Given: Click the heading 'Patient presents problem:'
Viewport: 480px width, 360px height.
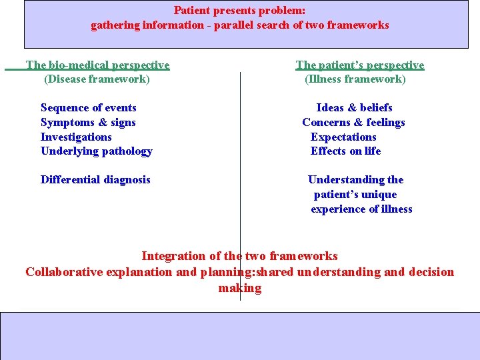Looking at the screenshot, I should pyautogui.click(x=239, y=10).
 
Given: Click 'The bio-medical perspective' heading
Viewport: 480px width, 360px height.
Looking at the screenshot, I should pyautogui.click(x=97, y=65).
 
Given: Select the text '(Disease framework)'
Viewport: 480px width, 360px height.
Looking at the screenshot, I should pyautogui.click(x=97, y=79).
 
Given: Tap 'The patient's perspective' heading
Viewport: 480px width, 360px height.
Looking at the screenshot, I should pyautogui.click(x=359, y=65).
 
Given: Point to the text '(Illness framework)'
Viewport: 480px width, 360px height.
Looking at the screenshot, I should pyautogui.click(x=355, y=79).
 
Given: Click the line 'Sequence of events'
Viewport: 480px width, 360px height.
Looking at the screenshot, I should pyautogui.click(x=88, y=107).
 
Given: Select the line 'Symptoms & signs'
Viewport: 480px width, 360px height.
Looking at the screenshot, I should pyautogui.click(x=88, y=122).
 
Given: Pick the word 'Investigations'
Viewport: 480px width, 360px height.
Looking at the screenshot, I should pyautogui.click(x=76, y=137).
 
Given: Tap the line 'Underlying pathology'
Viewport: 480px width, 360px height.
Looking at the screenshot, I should pyautogui.click(x=96, y=151).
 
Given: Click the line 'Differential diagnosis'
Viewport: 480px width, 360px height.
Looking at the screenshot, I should pyautogui.click(x=95, y=179).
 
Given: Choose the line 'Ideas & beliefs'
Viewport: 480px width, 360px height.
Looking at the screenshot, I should pyautogui.click(x=354, y=107).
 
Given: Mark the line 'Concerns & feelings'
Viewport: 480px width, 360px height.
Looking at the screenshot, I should pyautogui.click(x=353, y=122).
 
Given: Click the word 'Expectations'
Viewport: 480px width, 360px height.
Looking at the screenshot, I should pyautogui.click(x=343, y=137).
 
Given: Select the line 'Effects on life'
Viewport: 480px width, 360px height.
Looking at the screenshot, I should pyautogui.click(x=345, y=151).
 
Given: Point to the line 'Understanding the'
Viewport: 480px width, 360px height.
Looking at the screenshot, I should pyautogui.click(x=355, y=179).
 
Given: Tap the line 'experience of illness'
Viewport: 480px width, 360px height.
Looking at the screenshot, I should pyautogui.click(x=361, y=209).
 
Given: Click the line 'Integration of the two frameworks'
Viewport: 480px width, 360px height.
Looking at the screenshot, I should pyautogui.click(x=239, y=256).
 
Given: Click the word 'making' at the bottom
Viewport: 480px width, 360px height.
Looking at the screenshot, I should pyautogui.click(x=239, y=288).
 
